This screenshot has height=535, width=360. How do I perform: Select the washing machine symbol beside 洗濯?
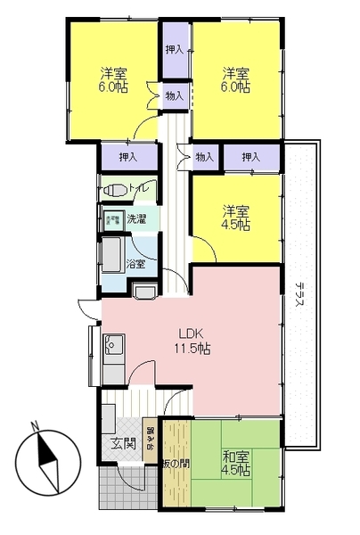(113, 218)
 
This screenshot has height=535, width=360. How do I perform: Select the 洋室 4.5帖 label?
(236, 218)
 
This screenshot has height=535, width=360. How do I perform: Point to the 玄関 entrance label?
(121, 443)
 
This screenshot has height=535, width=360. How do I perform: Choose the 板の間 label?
(175, 463)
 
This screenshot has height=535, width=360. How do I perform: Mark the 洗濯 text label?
(135, 218)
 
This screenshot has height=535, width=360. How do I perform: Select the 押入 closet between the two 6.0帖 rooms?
(175, 51)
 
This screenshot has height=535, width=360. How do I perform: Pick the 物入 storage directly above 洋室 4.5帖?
(204, 157)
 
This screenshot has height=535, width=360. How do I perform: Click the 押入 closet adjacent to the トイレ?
(128, 157)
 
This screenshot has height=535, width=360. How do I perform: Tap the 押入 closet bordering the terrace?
(250, 157)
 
